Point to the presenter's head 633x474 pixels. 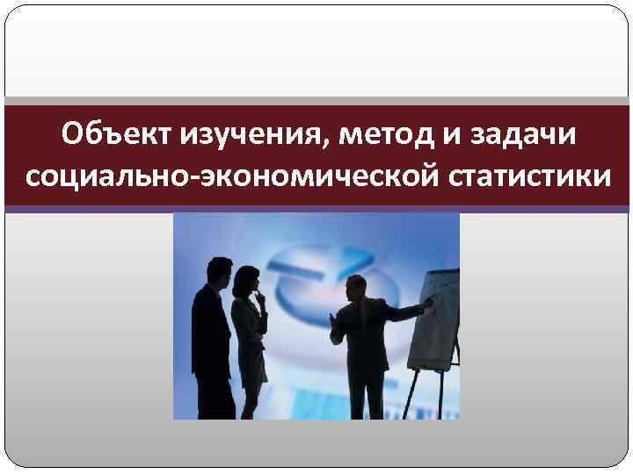click(x=355, y=288)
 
